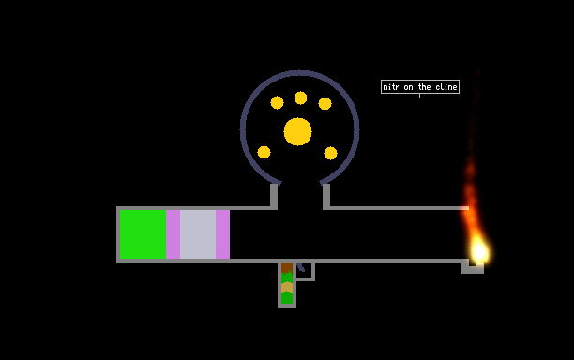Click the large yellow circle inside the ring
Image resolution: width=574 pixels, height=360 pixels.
[x=297, y=131]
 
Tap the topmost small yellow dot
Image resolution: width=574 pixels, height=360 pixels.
[x=300, y=97]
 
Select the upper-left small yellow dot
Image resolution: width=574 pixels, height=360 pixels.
[x=277, y=102]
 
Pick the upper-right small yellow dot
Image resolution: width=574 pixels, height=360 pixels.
[x=325, y=103]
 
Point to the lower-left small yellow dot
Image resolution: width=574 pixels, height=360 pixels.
[x=264, y=152]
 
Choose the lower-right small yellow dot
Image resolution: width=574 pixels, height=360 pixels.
[x=330, y=153]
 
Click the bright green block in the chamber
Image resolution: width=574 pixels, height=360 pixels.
[x=143, y=234]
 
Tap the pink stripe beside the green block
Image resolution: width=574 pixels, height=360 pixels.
[x=173, y=234]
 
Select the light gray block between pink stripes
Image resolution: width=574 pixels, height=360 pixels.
[x=198, y=234]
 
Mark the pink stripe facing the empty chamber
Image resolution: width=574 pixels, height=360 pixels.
[x=222, y=234]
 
